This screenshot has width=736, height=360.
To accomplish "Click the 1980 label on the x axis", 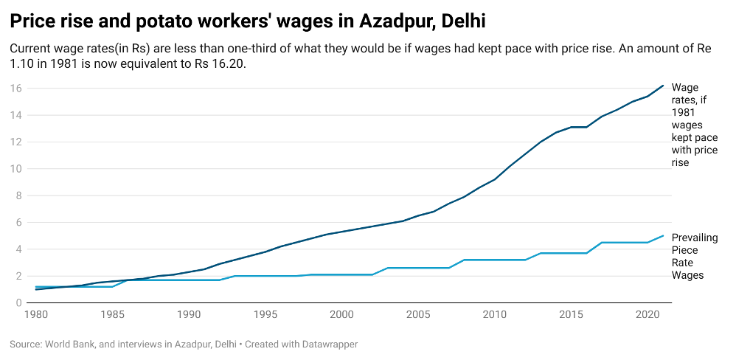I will (37, 314).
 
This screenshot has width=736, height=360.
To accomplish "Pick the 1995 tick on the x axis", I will (265, 314).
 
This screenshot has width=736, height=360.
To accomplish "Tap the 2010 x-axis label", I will (493, 314).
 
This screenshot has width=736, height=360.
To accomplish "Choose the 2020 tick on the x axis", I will (647, 314).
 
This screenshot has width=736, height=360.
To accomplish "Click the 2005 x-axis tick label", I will (417, 314).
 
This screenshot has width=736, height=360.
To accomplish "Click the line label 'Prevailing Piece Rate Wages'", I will (694, 256).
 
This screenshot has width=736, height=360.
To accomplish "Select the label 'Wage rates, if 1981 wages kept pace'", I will (694, 125).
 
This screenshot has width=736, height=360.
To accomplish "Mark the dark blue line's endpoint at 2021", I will (663, 86).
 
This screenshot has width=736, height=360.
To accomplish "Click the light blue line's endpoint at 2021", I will (663, 236).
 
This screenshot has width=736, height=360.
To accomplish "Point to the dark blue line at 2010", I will (494, 179).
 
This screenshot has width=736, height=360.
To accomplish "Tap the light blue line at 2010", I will (494, 260).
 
